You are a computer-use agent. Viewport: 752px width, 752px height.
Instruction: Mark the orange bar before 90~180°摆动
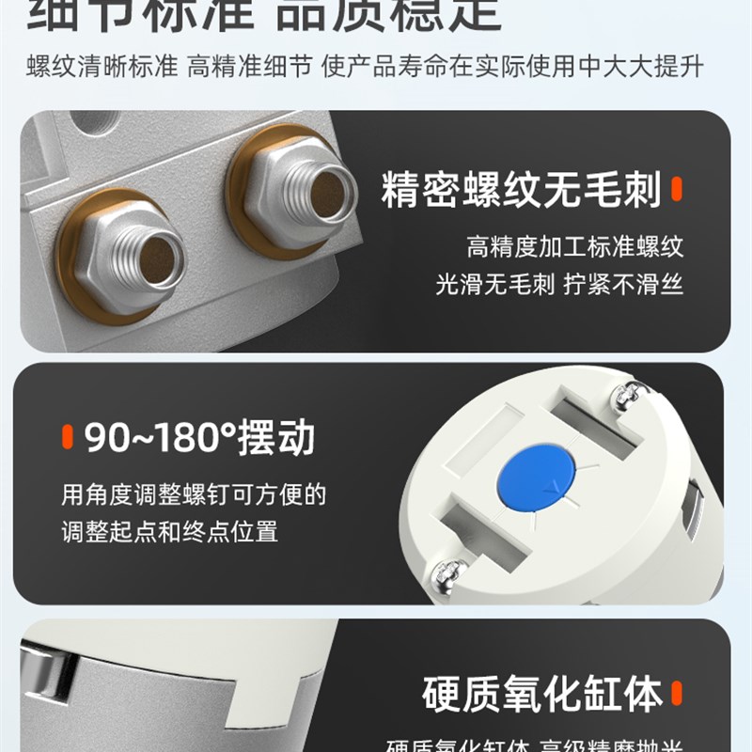click(x=67, y=438)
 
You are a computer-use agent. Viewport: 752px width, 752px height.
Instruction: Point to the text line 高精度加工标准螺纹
click(x=574, y=247)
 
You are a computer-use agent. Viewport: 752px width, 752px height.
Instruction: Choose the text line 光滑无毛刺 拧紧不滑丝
click(x=558, y=284)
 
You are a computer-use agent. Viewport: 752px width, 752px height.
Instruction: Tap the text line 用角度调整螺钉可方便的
click(x=194, y=494)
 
